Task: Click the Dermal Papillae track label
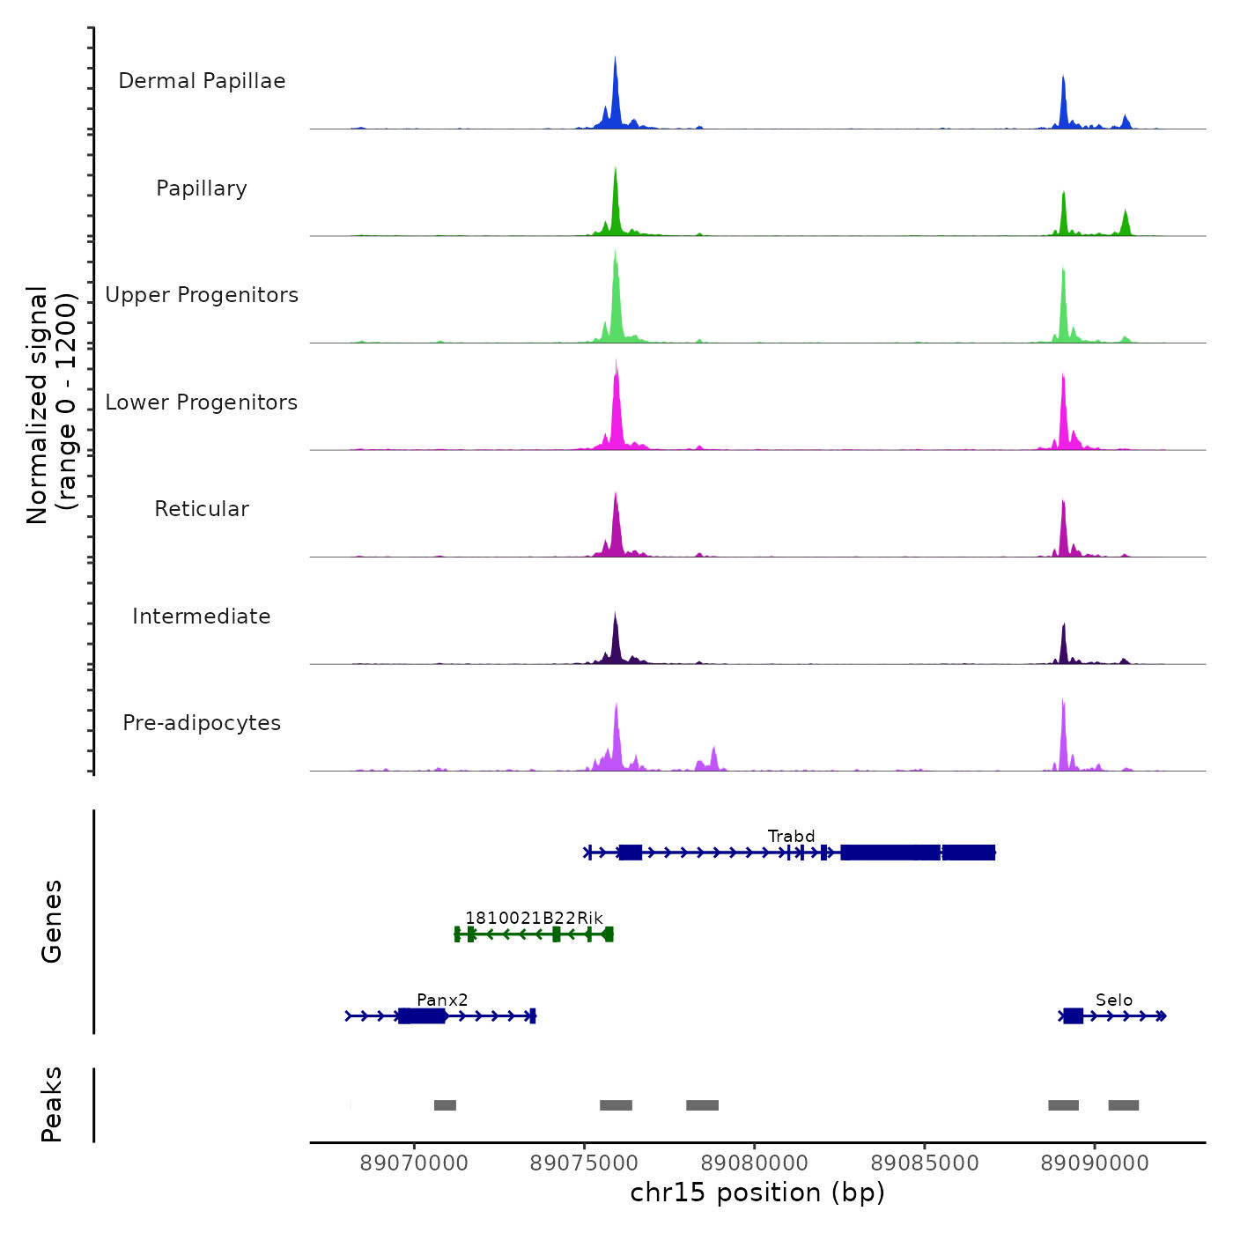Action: pos(202,81)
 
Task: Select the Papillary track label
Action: pos(202,188)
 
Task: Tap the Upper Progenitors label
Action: pos(202,295)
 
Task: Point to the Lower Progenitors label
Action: pos(202,402)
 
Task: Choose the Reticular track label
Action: pos(202,509)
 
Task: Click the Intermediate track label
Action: pos(202,616)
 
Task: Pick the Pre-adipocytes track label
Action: pos(202,723)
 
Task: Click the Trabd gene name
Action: pos(791,836)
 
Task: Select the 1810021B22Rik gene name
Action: pos(534,918)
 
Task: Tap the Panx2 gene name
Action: pos(442,1000)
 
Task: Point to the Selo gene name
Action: pos(1113,1000)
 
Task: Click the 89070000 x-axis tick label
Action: pos(414,1163)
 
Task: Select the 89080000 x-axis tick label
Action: pos(755,1163)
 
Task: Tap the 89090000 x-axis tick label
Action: pos(1095,1163)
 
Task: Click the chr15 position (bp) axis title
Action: pos(757,1192)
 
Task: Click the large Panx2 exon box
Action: pos(422,1016)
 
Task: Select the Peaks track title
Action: pos(52,1104)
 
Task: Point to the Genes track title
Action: pos(52,921)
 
